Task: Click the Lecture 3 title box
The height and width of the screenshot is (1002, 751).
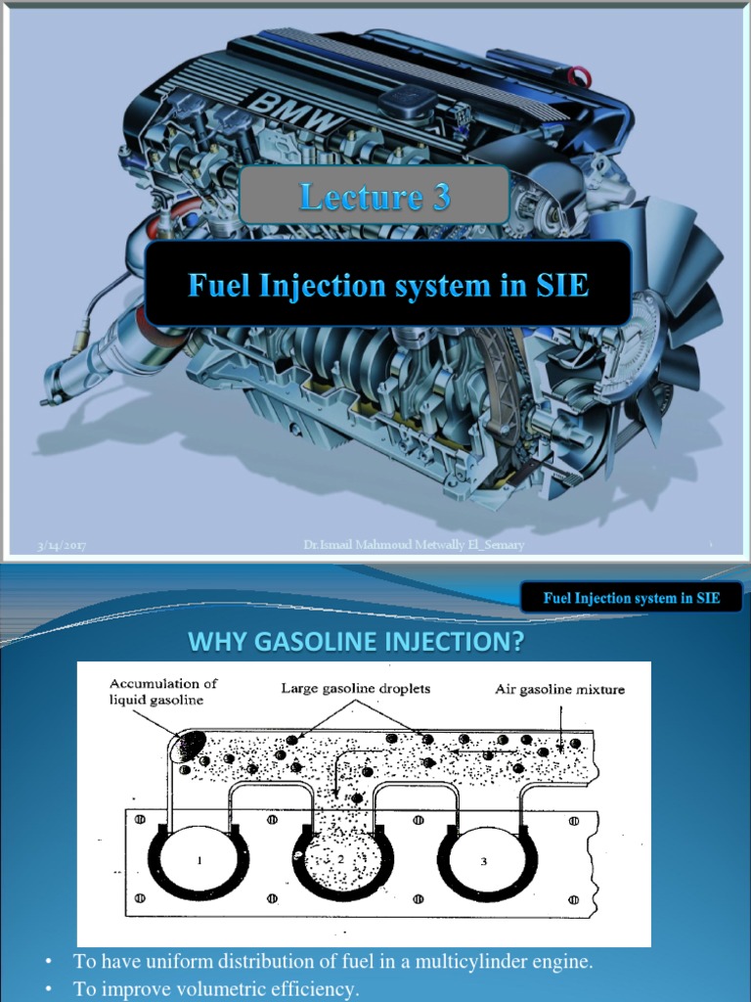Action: point(375,197)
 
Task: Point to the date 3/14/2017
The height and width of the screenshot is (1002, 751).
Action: point(62,546)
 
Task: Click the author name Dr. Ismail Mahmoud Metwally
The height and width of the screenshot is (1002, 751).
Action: point(413,545)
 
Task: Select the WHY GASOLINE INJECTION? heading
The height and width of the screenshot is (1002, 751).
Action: point(357,642)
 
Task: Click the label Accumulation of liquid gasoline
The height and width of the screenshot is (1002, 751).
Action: point(163,691)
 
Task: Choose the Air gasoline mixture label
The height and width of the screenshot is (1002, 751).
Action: point(559,689)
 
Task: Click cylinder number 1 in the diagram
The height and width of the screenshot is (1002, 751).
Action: point(199,861)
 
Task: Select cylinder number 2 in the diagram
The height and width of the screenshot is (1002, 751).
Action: point(342,859)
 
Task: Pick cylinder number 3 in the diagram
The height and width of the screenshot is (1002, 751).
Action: point(483,861)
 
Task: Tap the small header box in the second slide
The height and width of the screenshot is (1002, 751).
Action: point(631,598)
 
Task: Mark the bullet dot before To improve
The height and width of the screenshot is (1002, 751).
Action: point(47,989)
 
